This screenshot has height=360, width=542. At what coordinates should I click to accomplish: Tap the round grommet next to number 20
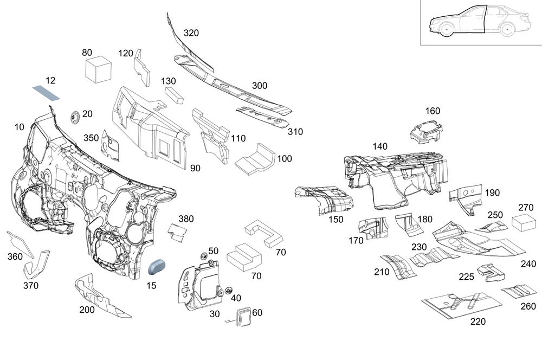[x=75, y=115]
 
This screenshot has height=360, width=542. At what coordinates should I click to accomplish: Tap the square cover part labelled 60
[x=243, y=317]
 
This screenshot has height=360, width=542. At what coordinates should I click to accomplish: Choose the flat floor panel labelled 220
[x=462, y=305]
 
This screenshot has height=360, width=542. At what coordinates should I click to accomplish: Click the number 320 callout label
[x=191, y=33]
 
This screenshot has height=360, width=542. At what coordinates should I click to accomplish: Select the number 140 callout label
[x=380, y=146]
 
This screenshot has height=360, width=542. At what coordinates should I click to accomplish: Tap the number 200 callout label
[x=87, y=310]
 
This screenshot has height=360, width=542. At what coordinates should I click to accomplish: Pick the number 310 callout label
[x=295, y=132]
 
